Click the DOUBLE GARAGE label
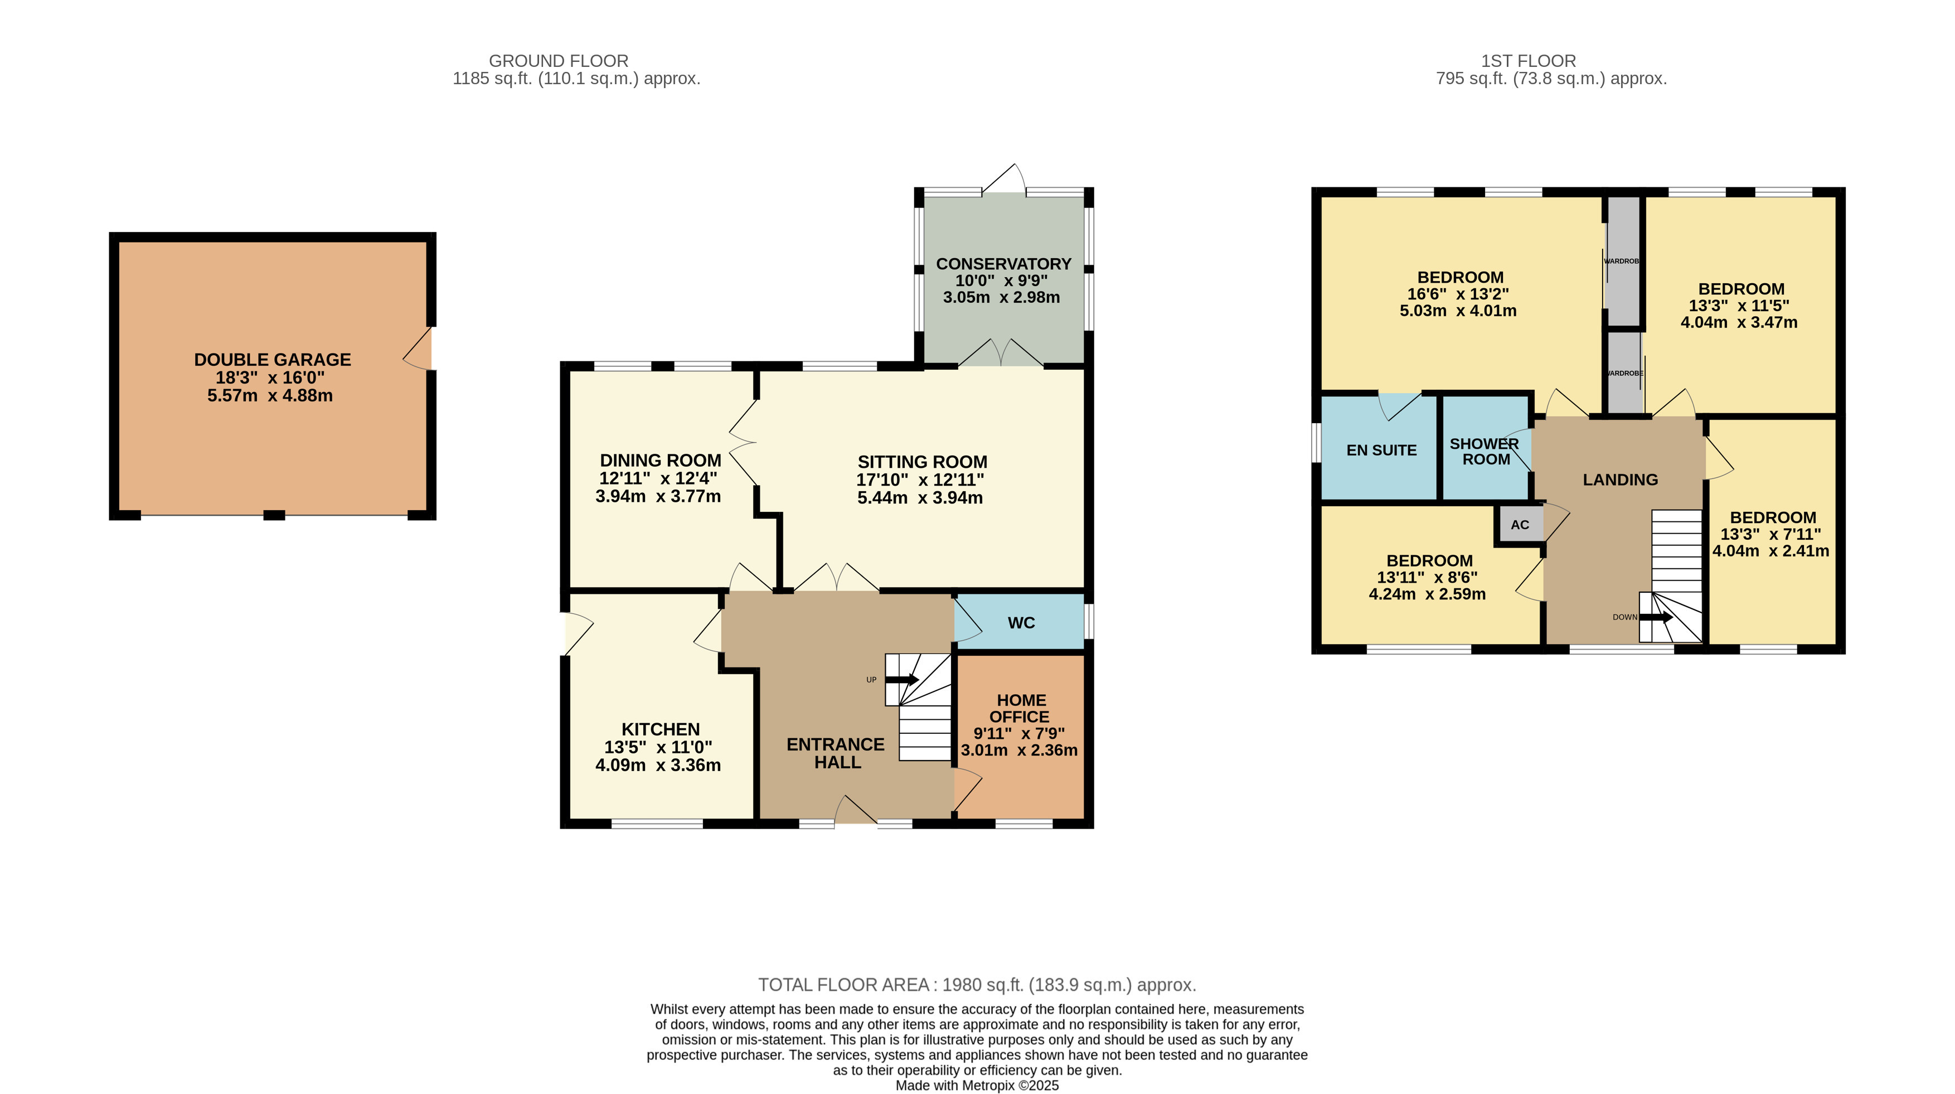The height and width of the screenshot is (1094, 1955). [x=273, y=360]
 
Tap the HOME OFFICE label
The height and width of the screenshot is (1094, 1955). [x=1020, y=708]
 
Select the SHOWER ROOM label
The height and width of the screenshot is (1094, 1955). [x=1485, y=452]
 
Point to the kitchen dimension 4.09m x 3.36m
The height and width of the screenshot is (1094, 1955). [x=658, y=765]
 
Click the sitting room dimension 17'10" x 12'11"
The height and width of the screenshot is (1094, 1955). [x=920, y=480]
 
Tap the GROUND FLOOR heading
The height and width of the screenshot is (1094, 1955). [x=559, y=61]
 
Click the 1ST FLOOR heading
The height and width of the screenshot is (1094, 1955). [x=1529, y=61]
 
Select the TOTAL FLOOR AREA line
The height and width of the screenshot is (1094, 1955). [x=977, y=985]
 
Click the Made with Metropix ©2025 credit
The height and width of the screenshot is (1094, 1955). [x=977, y=1086]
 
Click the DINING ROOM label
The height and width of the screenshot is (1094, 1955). [x=660, y=461]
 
